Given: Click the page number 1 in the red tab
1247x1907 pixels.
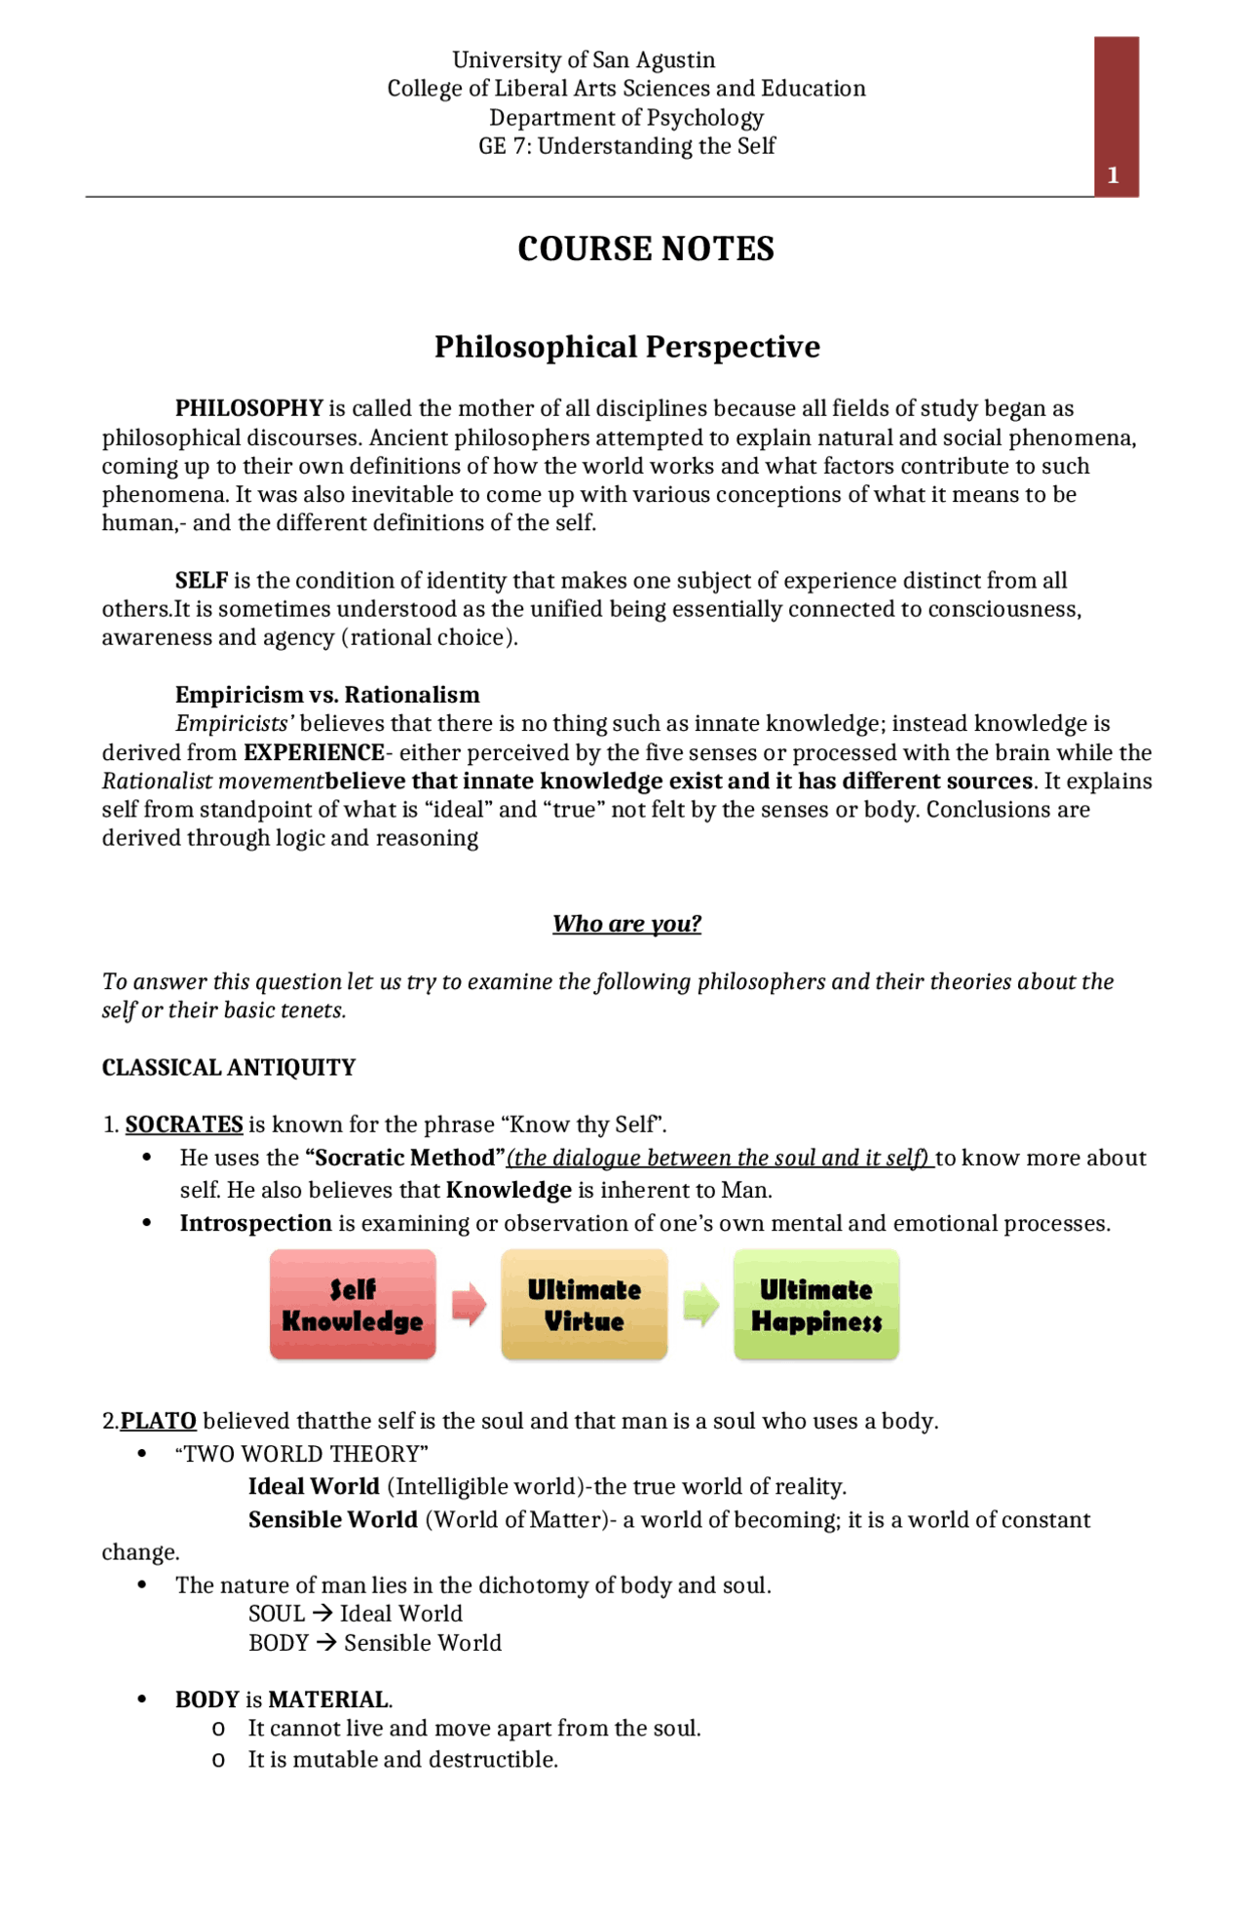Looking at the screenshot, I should [x=1113, y=176].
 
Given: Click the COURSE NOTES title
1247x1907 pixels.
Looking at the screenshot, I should [x=646, y=249].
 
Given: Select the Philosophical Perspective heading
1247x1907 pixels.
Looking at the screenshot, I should [x=626, y=347].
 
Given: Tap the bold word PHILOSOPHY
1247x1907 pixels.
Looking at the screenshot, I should [x=248, y=408].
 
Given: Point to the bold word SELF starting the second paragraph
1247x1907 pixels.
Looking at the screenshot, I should [x=201, y=581].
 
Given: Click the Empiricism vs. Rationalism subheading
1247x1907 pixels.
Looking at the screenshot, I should [x=327, y=695].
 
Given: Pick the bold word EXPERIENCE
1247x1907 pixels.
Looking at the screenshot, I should [x=314, y=753].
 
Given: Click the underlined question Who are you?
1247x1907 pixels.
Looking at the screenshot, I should [x=626, y=924].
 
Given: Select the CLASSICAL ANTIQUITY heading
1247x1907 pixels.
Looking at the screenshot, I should [x=229, y=1068].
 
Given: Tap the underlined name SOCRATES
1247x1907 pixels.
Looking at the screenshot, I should [x=184, y=1125].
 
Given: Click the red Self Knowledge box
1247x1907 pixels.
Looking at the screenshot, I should [x=353, y=1305].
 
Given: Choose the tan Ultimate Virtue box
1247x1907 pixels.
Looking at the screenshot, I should [x=584, y=1305].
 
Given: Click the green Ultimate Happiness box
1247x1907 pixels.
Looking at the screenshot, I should [x=815, y=1305].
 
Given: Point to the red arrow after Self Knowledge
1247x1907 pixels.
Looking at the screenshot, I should [x=469, y=1305].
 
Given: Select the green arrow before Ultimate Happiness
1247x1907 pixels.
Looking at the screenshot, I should [x=700, y=1305].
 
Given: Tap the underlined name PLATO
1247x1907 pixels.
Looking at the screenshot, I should [x=159, y=1421].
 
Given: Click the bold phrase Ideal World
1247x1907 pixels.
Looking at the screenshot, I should [x=313, y=1487].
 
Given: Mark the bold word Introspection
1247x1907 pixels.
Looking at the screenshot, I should [x=255, y=1224].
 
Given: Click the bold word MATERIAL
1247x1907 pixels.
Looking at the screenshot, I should [x=328, y=1700].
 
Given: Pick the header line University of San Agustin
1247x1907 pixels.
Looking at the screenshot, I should [x=584, y=60].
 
